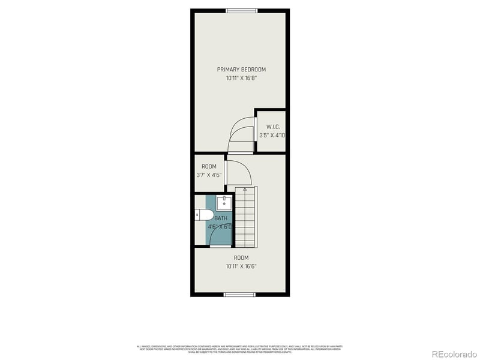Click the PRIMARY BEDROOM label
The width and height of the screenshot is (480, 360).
[241, 70]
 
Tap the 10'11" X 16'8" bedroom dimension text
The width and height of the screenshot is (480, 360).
[241, 78]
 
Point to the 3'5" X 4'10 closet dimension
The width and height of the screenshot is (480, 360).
[271, 136]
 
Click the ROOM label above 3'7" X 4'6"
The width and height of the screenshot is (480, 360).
[209, 166]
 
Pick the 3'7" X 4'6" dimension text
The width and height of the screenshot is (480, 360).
[209, 175]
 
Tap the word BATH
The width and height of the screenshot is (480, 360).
[221, 218]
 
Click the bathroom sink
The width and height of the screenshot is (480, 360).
[223, 202]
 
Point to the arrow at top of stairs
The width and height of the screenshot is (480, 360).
[244, 190]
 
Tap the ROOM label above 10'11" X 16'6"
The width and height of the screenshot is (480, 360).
[241, 258]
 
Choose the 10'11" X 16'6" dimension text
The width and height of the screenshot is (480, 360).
[241, 266]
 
